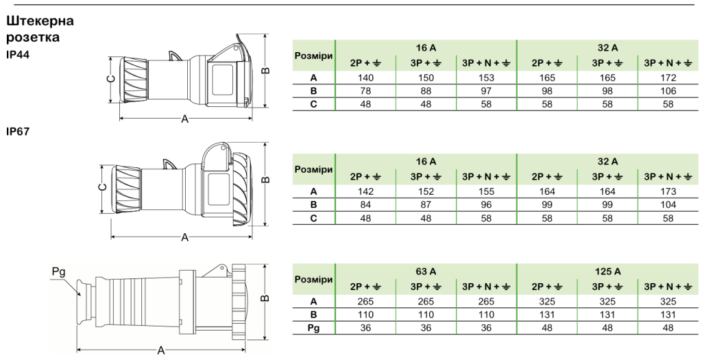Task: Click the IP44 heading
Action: [17, 55]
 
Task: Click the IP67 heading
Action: [17, 132]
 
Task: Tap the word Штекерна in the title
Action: [40, 21]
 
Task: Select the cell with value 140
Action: [366, 77]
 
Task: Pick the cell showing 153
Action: [486, 77]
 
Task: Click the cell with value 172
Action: [668, 77]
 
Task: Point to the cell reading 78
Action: [366, 91]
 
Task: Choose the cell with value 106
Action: [668, 91]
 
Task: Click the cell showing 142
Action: [366, 191]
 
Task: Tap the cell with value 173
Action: [668, 191]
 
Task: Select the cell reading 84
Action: [366, 205]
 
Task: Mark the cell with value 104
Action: [668, 205]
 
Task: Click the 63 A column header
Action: [426, 272]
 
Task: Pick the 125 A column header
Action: [607, 272]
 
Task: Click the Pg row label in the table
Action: [313, 328]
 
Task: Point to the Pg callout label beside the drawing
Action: [59, 272]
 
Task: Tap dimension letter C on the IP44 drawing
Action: [112, 80]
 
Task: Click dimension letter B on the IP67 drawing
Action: [265, 180]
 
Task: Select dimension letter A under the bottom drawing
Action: [161, 350]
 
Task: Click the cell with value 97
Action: [486, 91]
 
